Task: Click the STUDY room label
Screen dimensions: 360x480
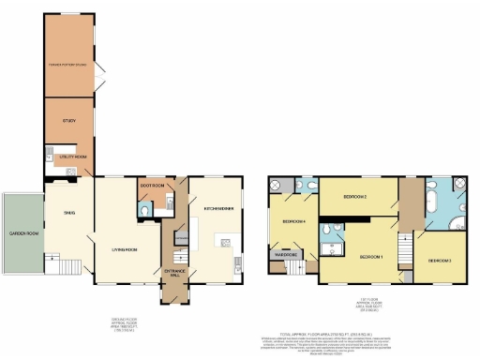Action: pyautogui.click(x=68, y=122)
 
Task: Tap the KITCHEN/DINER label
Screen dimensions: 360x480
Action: pyautogui.click(x=218, y=205)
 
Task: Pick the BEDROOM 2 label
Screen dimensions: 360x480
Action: pyautogui.click(x=353, y=197)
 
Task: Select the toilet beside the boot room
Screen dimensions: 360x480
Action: pyautogui.click(x=142, y=212)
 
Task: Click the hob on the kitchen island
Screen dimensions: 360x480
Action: pyautogui.click(x=224, y=243)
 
